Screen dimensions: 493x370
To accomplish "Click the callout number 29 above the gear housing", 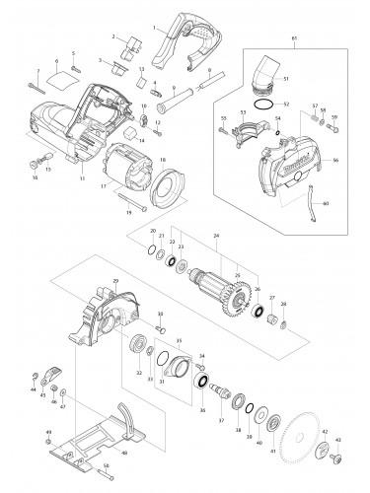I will (x=114, y=282).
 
